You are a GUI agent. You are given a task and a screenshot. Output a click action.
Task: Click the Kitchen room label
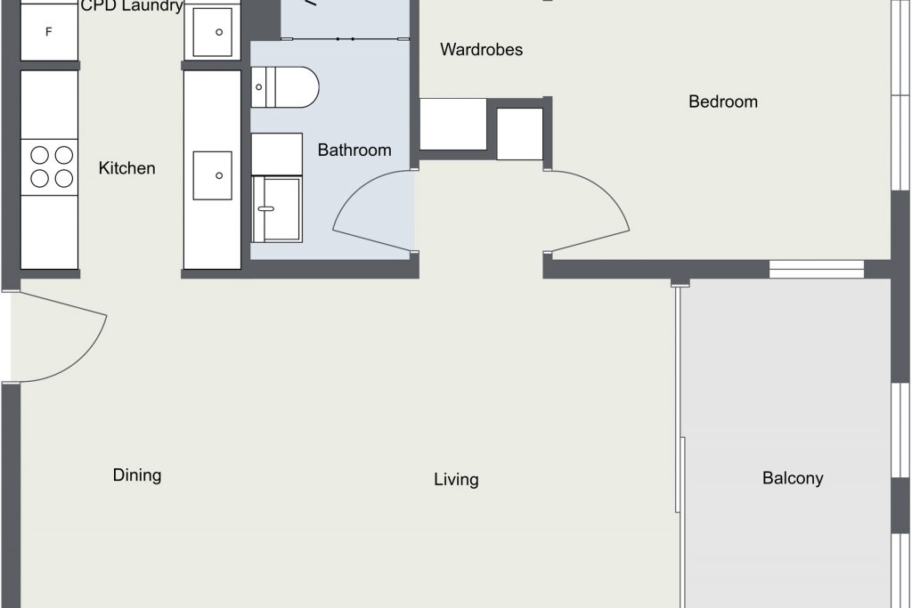coord(126,168)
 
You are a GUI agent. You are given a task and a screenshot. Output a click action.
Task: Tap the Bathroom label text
coord(354,150)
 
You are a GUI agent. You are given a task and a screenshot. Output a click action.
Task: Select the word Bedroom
coord(723,101)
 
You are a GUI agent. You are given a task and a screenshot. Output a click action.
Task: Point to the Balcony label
coord(793,478)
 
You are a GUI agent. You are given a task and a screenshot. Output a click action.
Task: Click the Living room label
coord(456,480)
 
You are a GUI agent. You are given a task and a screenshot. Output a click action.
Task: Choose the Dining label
coord(137,475)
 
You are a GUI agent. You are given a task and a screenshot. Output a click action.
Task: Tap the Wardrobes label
coord(481,50)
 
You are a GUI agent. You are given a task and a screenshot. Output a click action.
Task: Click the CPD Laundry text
coord(132,6)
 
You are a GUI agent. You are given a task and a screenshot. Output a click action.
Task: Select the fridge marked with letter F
coord(50,31)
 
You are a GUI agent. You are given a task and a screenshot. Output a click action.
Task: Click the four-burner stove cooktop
coord(50,166)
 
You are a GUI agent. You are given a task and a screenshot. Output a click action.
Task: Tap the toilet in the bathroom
coord(285,87)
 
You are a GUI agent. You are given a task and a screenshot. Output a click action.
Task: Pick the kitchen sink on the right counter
coord(212,175)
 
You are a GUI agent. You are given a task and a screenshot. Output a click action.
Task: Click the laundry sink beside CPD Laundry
coord(212,32)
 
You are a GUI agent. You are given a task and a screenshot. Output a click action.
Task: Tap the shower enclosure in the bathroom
coord(277,209)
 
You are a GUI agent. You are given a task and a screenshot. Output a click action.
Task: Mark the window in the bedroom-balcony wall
coord(817,269)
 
